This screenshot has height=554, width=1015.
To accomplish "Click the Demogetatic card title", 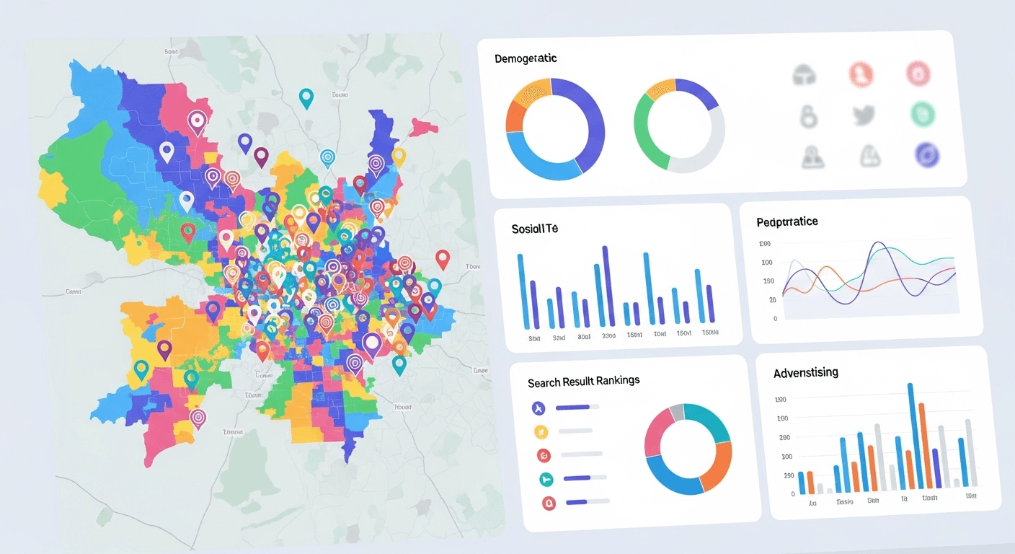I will coord(526,58).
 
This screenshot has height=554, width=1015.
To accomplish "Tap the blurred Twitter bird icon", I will coord(863,115).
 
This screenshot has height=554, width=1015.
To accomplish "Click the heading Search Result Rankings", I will coord(584,381).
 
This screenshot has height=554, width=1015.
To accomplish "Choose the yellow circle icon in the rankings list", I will coord(541,432).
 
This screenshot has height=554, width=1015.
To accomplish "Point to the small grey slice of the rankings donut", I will coord(676,412).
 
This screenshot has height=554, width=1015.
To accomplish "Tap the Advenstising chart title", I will coord(806,373).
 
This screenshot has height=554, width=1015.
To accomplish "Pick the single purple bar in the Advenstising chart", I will coord(936,468).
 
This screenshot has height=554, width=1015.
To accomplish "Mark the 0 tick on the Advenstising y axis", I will coord(793,494).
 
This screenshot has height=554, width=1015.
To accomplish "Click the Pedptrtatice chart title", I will coord(787,221).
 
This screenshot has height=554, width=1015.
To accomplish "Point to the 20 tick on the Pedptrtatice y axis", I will coord(773,299).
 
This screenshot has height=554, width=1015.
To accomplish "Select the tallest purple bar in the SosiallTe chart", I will coord(606,286).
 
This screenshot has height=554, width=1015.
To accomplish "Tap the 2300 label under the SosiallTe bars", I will coord(608,336).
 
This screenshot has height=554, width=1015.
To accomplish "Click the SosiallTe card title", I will coord(535,229).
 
